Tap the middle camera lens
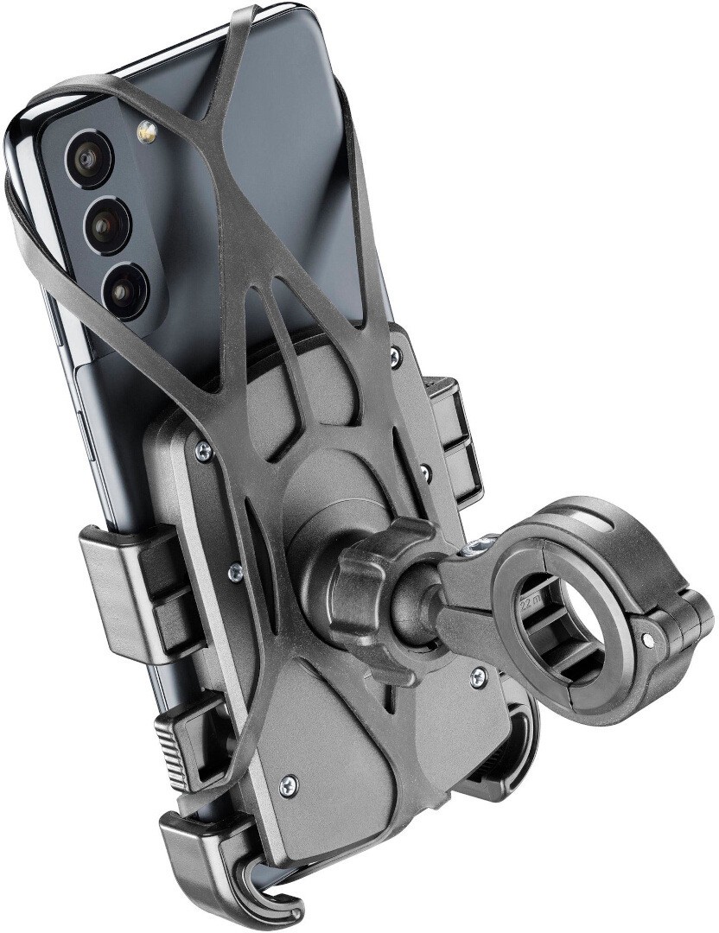(x=107, y=225)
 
